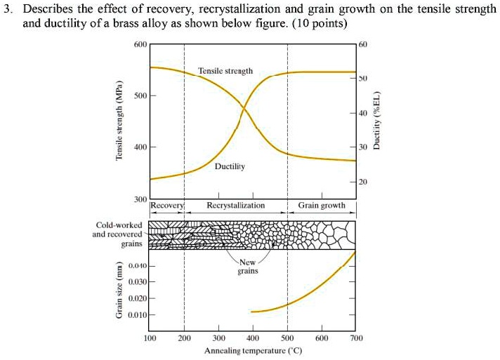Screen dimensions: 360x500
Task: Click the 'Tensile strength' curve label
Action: coord(225,71)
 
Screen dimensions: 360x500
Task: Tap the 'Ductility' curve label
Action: coord(230,167)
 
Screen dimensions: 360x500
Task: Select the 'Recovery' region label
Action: coord(166,206)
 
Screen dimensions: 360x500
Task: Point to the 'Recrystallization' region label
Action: coord(236,206)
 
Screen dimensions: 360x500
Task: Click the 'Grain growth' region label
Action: coord(322,206)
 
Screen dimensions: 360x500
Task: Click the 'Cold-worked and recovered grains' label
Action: coord(118,234)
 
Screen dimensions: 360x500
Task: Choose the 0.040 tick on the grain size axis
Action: coord(136,267)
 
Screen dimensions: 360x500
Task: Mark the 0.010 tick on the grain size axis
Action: coord(136,314)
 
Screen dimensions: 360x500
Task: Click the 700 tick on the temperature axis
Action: coord(356,338)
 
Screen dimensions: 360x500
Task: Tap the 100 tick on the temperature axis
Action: coord(150,338)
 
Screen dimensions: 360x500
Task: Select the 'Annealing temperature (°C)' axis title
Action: coord(253,350)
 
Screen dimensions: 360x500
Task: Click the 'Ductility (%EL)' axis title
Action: coord(379,120)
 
